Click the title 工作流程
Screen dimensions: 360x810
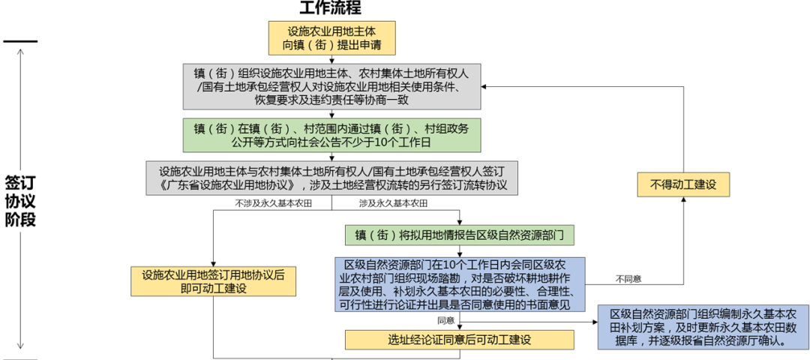tap(331, 9)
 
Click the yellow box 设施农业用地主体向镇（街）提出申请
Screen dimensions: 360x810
tap(331, 38)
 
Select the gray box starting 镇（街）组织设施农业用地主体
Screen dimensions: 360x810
tap(331, 86)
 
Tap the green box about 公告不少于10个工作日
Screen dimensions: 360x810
tap(331, 133)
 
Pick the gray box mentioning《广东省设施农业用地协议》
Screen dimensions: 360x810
tap(332, 178)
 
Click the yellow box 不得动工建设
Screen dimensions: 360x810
tap(683, 184)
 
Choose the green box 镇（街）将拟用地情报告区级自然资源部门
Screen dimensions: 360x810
tap(459, 235)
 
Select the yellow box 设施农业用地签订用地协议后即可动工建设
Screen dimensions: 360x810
tap(213, 280)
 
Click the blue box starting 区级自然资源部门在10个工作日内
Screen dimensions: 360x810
tap(459, 285)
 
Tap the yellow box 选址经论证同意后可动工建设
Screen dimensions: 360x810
tap(459, 340)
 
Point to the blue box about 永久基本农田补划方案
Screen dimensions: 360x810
tap(703, 326)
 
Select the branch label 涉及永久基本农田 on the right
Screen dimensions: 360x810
tap(393, 204)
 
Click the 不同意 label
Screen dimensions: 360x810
tap(628, 279)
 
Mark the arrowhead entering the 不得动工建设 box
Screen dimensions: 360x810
tap(683, 202)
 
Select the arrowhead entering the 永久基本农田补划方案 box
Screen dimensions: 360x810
tap(593, 323)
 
